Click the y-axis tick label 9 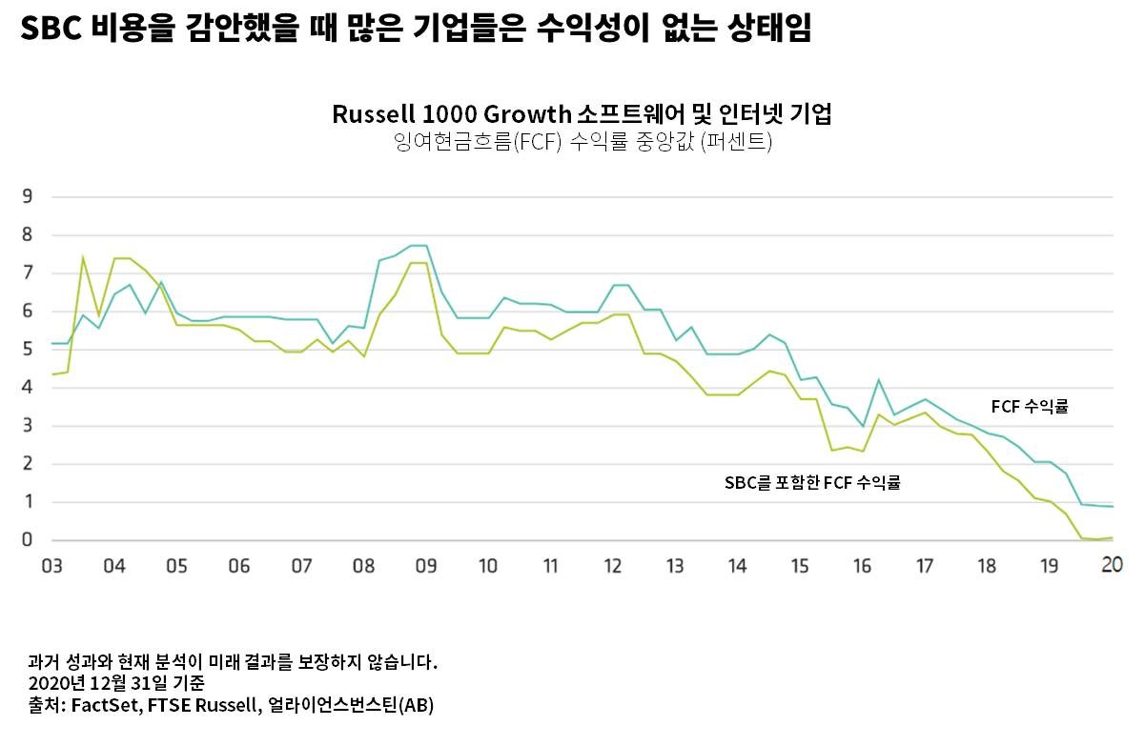28,197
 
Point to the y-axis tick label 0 28,540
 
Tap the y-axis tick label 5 28,350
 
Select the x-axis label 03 51,567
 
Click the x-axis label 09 425,567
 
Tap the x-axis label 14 737,567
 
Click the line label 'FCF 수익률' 1030,407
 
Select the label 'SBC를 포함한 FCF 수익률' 812,483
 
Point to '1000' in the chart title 448,114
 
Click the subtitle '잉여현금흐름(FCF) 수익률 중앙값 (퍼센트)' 582,143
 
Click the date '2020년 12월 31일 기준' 116,683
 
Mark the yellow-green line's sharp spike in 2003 83,256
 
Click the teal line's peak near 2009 418,246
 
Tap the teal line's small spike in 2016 878,380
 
